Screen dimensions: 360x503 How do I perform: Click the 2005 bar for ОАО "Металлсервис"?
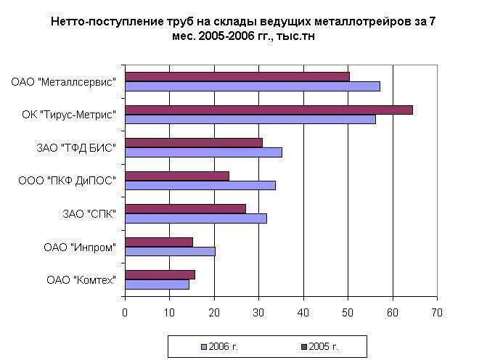pos(237,76)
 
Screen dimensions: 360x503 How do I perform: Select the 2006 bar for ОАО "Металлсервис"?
pos(252,86)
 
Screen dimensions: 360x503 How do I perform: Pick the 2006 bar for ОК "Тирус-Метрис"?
pos(250,119)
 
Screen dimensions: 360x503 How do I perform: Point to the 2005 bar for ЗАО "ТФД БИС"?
pos(193,142)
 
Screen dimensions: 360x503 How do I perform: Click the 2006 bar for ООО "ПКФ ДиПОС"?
pos(200,185)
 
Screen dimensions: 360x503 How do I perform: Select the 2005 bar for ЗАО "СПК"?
pos(185,208)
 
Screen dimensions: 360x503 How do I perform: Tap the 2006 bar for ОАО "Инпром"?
pos(170,251)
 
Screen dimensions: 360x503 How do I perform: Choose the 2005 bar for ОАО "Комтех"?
pos(160,274)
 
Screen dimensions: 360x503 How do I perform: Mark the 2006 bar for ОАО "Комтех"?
pos(157,284)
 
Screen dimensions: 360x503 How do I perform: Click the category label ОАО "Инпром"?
pos(80,247)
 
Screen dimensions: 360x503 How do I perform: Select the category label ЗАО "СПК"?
pos(89,214)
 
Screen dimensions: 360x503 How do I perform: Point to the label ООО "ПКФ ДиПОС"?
pos(68,181)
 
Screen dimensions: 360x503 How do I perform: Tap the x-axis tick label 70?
pos(436,313)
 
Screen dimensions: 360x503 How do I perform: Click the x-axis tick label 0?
pos(125,313)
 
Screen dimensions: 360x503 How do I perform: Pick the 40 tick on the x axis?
pos(303,313)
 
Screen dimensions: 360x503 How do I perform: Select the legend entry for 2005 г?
pos(322,346)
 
